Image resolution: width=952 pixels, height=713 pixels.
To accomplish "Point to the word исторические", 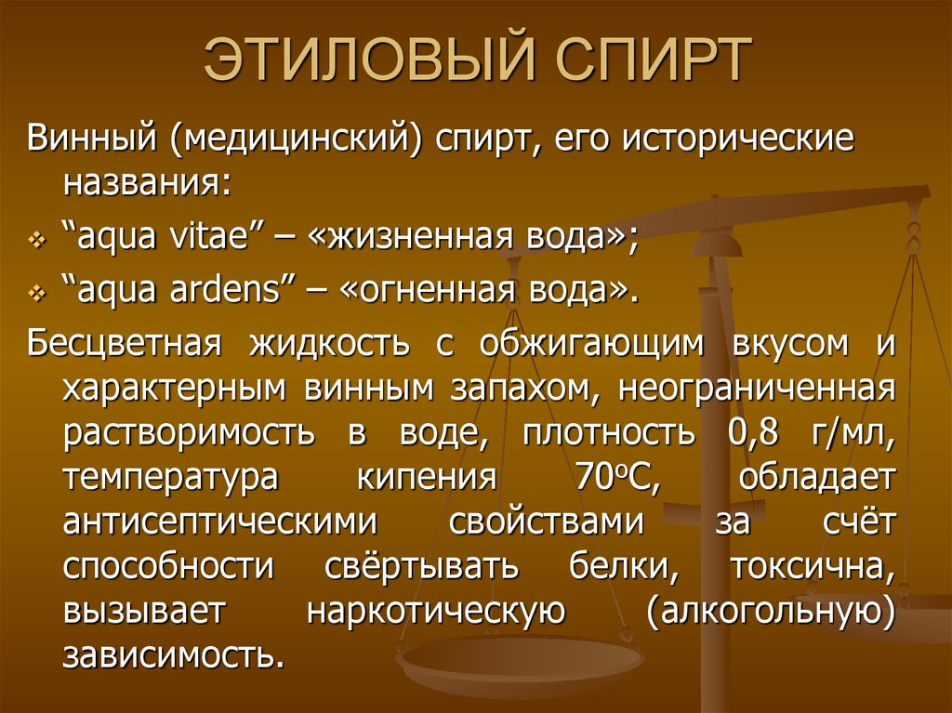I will point(739,141).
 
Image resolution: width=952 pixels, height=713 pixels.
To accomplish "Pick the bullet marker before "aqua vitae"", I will point(37,240).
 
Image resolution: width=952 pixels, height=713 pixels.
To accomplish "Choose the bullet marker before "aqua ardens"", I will point(37,294).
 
